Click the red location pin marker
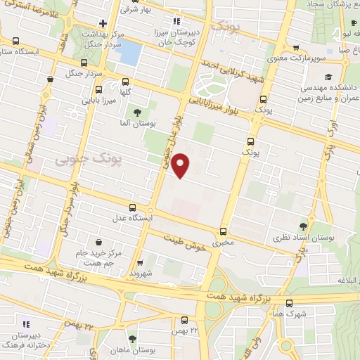(x=181, y=165)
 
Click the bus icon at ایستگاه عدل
(x=133, y=207)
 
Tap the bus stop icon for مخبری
(x=223, y=231)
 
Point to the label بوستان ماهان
(x=147, y=350)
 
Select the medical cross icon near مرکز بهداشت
(x=103, y=24)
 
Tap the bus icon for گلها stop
(x=125, y=82)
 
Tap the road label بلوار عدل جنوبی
(x=169, y=148)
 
